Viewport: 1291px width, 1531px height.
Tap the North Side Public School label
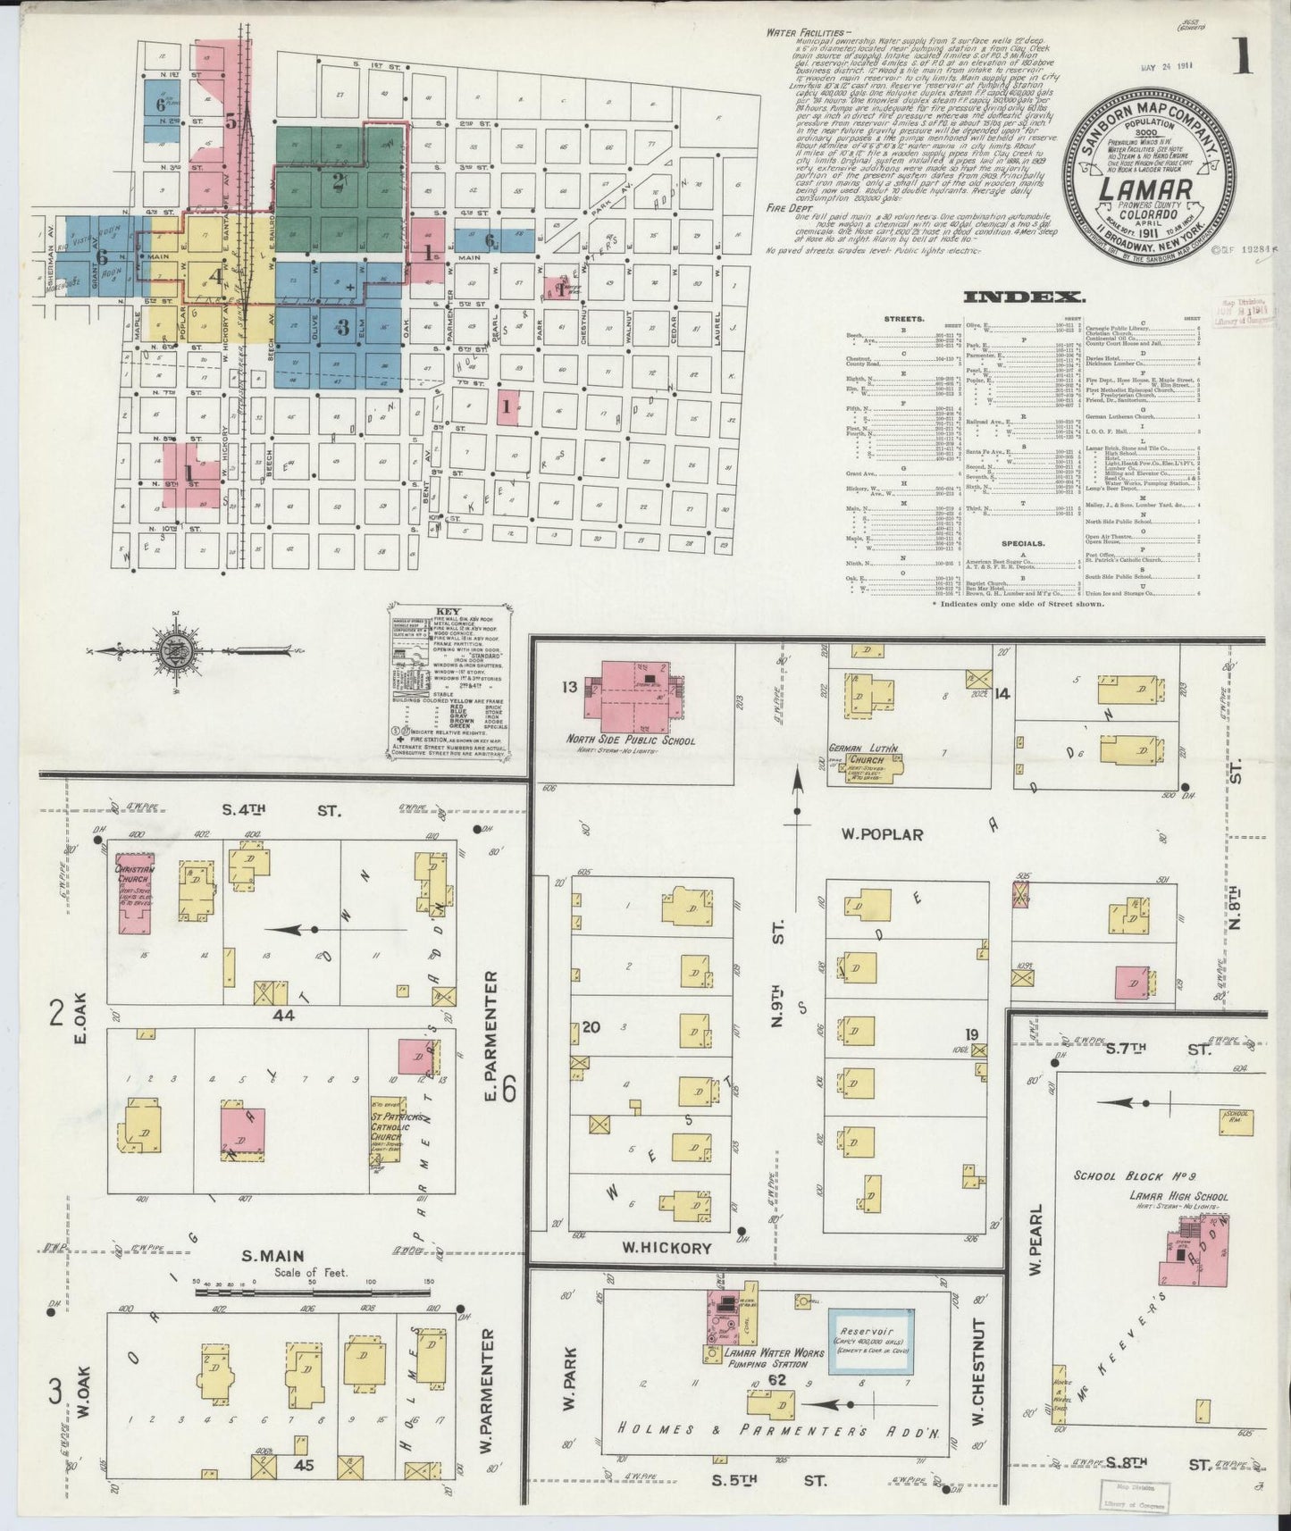(630, 740)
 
